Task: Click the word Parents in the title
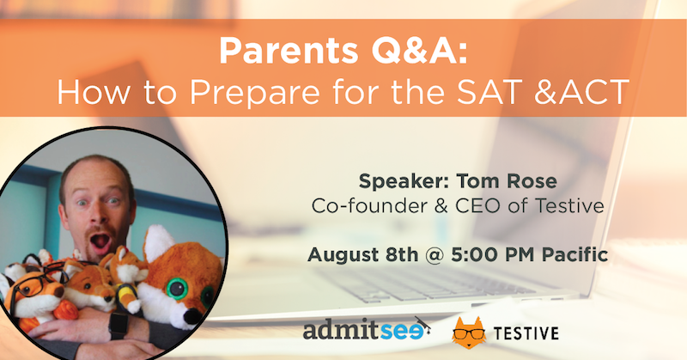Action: pos(289,51)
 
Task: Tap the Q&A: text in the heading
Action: pos(420,51)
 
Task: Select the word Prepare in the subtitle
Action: pos(254,94)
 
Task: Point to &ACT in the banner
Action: pos(582,92)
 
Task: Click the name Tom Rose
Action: pos(507,180)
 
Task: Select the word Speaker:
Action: pos(403,181)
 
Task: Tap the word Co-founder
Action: pos(369,205)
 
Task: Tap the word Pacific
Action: pos(575,254)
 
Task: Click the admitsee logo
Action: pos(367,330)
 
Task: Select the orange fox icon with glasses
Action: pos(469,333)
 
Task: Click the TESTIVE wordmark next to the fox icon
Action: pos(526,333)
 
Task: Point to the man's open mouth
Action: pos(100,242)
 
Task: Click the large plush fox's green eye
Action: pos(177,289)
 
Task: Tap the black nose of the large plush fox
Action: pos(192,316)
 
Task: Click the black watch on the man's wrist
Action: pos(118,325)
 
